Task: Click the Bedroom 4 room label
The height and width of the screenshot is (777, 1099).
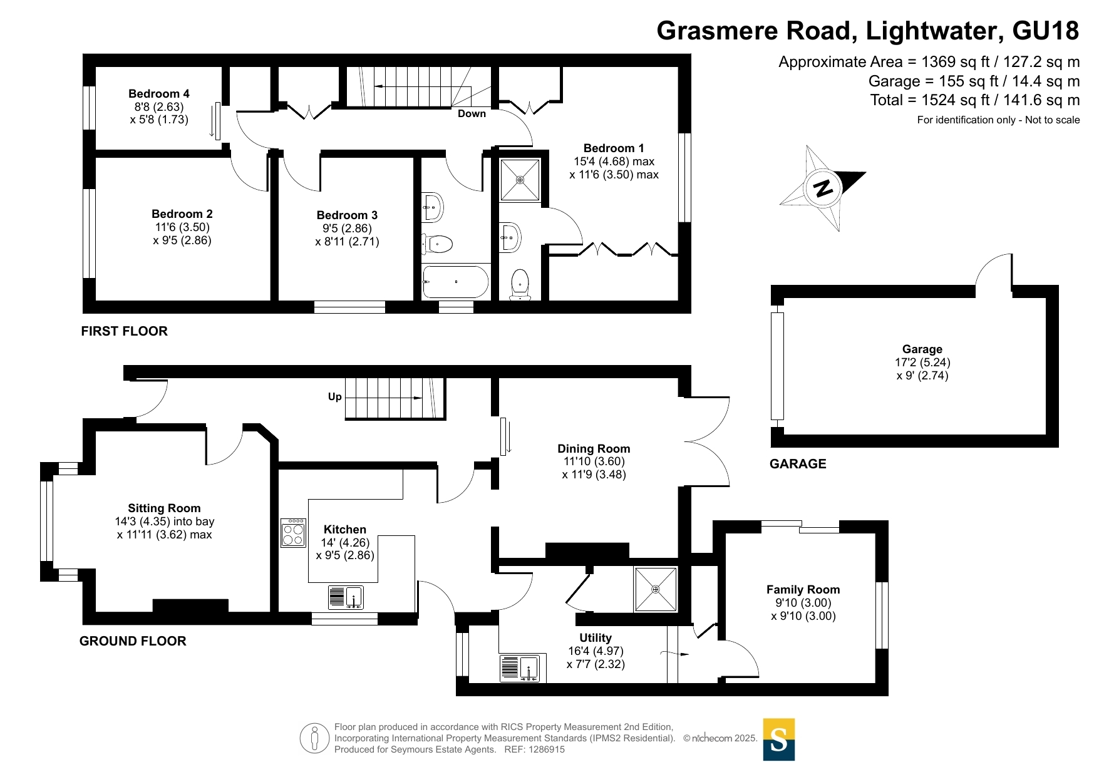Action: click(159, 94)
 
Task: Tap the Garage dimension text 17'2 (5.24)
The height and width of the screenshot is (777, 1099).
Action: click(922, 363)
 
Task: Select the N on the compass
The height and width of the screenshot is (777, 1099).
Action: click(823, 187)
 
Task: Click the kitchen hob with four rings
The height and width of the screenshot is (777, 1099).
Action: click(293, 533)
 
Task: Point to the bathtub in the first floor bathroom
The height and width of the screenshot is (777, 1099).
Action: click(456, 282)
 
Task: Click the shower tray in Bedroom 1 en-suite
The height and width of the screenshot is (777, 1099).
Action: click(520, 180)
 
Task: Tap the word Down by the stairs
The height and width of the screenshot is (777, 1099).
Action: click(472, 114)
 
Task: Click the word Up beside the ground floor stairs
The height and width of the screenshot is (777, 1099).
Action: click(335, 397)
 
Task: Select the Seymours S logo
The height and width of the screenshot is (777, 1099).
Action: click(779, 739)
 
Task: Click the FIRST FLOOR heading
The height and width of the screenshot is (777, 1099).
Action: click(125, 331)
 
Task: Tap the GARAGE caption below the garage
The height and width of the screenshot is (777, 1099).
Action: click(798, 464)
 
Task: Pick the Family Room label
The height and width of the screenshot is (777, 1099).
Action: click(803, 590)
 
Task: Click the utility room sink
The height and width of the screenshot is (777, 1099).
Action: click(520, 668)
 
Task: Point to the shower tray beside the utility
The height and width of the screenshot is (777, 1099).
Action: click(655, 589)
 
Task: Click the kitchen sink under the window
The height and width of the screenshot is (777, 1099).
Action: click(346, 597)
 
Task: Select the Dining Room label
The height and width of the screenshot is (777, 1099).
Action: click(594, 449)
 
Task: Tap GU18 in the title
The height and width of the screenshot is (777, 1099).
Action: click(1045, 31)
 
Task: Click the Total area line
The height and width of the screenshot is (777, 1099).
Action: click(975, 100)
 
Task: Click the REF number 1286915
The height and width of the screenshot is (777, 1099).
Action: click(547, 749)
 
